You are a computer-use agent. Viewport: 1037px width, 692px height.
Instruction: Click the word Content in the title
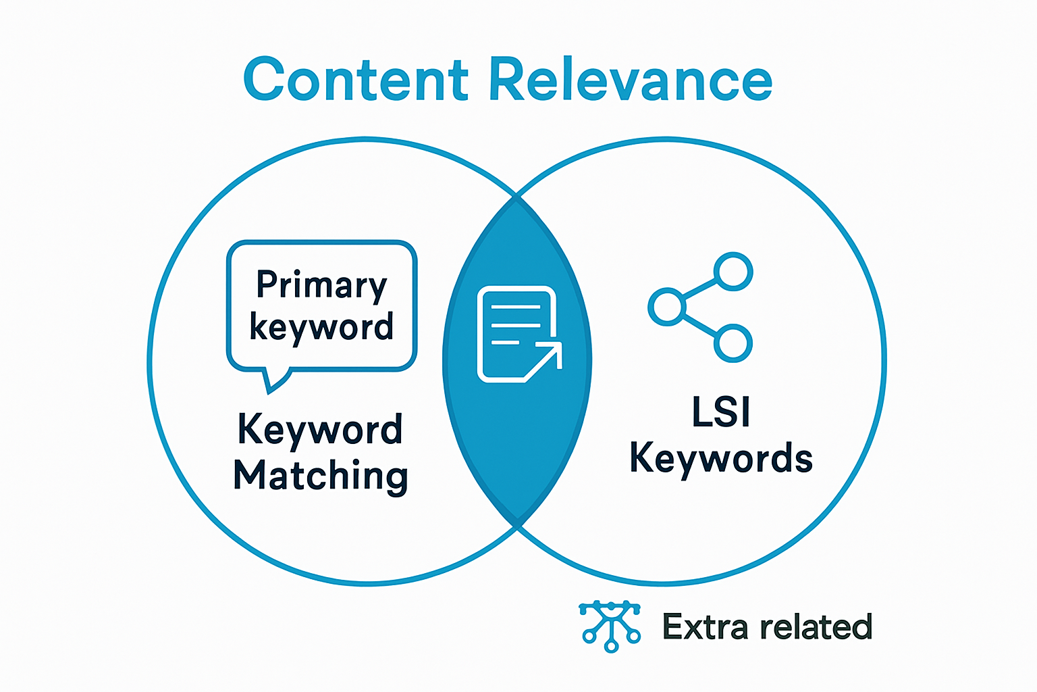pyautogui.click(x=356, y=80)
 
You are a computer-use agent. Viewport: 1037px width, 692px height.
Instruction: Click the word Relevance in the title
pyautogui.click(x=631, y=80)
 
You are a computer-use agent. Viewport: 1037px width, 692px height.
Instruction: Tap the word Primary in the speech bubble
pyautogui.click(x=321, y=285)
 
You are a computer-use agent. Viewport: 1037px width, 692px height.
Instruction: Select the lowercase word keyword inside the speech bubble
pyautogui.click(x=321, y=327)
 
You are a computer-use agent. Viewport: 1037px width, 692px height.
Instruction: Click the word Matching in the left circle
pyautogui.click(x=321, y=476)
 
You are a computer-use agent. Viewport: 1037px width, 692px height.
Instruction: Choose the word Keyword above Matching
pyautogui.click(x=321, y=430)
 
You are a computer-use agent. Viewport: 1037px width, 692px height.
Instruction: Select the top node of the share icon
pyautogui.click(x=733, y=271)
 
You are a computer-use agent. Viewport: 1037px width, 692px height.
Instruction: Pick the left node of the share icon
pyautogui.click(x=667, y=307)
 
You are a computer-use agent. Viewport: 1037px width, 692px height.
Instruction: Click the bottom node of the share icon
pyautogui.click(x=733, y=343)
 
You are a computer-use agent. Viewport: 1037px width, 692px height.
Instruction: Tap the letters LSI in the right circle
pyautogui.click(x=721, y=412)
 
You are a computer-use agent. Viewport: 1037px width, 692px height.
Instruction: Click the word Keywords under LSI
pyautogui.click(x=721, y=458)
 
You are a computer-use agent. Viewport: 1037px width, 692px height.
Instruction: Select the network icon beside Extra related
pyautogui.click(x=610, y=626)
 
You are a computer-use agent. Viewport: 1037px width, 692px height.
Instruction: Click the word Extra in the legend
pyautogui.click(x=706, y=627)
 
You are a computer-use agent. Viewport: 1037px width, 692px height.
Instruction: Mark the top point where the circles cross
pyautogui.click(x=516, y=196)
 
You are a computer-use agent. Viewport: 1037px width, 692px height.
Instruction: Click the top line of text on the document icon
pyautogui.click(x=516, y=306)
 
